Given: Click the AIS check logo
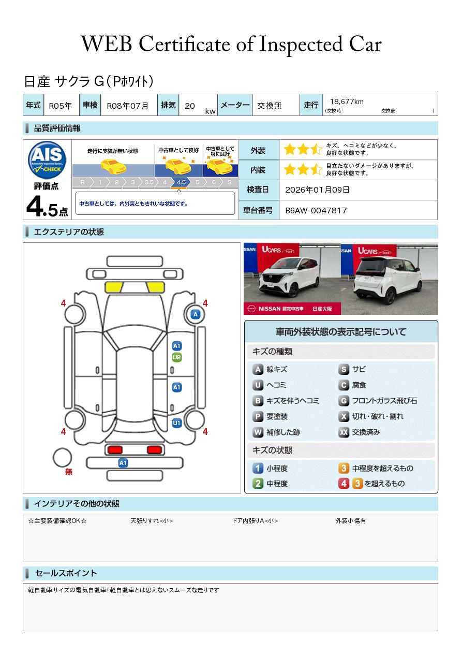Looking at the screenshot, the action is pos(47,160).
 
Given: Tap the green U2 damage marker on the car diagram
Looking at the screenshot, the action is pos(177,357).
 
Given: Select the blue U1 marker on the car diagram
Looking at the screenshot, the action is pos(177,423).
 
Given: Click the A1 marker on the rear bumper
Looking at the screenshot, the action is pos(123,463).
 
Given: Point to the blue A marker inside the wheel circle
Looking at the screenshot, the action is pos(196,314).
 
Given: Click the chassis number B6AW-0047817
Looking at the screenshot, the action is pos(316,211).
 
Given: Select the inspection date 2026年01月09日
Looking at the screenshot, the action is pos(317,190).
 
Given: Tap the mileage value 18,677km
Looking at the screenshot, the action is pos(347,101).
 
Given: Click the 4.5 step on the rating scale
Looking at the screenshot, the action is pos(181,182).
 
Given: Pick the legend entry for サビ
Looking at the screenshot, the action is pos(352,369).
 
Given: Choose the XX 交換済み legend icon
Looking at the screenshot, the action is pos(344,432).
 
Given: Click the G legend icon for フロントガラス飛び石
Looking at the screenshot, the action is pos(344,401).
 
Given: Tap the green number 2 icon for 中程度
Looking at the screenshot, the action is pos(258,484).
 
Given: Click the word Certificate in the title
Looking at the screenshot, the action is pos(184,45).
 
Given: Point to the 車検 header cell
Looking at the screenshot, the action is pos(90,105).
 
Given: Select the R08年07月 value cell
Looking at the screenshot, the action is pos(129,105).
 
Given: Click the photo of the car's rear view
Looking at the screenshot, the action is pos(390,279).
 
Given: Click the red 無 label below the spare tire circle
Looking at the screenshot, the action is pos(68,471).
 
